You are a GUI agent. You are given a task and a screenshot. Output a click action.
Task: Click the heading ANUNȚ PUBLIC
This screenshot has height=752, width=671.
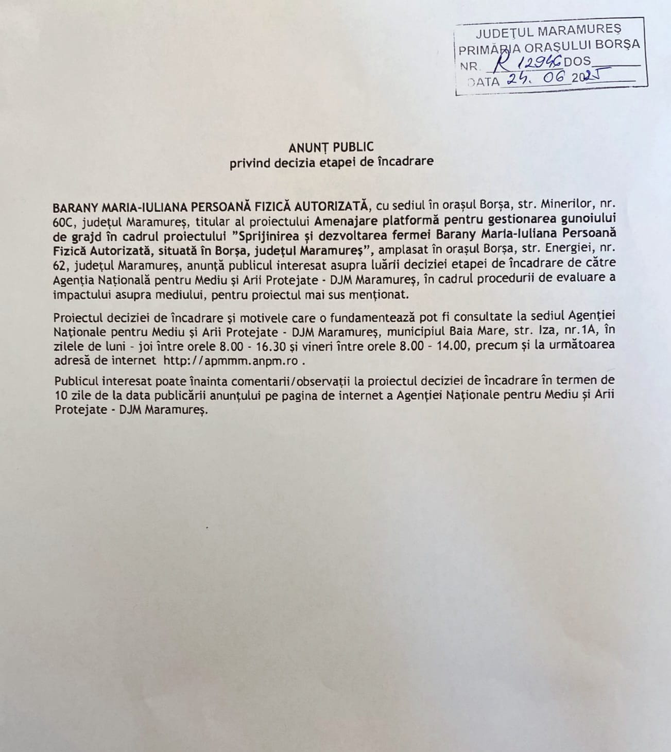331,147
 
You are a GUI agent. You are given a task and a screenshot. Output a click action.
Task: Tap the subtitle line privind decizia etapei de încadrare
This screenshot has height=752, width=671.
331,161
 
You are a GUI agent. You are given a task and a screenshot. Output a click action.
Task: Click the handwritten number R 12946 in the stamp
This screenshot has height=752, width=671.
522,63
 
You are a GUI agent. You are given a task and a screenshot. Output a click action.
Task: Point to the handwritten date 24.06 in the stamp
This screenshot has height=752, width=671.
536,79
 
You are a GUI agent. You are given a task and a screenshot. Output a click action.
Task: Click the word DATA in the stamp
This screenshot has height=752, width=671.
484,81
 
